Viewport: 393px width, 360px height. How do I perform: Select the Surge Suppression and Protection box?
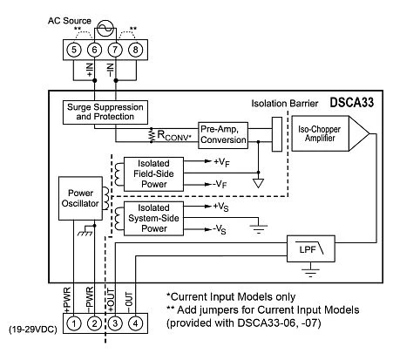tap(106, 112)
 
